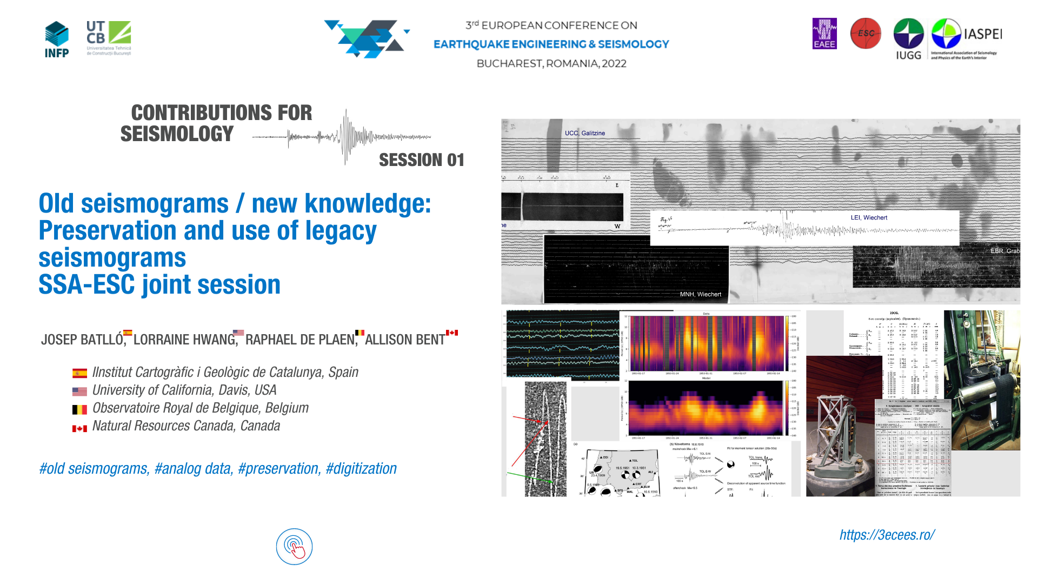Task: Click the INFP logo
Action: pos(57,39)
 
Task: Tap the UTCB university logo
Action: pos(109,38)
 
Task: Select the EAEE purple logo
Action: pos(824,34)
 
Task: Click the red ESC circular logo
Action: pos(866,34)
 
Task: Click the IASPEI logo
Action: pos(966,38)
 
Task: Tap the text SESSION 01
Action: pos(421,160)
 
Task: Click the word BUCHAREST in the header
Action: pos(509,64)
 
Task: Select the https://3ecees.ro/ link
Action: pos(887,535)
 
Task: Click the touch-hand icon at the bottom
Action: pos(294,547)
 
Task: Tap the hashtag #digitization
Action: pos(361,468)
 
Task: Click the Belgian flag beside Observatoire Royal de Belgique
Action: pos(79,409)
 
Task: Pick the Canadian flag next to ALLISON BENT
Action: pos(452,333)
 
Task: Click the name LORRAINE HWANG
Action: pos(184,340)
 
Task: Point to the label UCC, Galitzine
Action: pos(584,133)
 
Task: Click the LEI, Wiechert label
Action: pos(869,217)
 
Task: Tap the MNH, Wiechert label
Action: pos(700,294)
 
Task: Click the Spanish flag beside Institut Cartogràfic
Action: pos(79,373)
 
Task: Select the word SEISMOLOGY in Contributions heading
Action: pos(177,134)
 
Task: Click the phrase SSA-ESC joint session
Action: pos(159,285)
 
